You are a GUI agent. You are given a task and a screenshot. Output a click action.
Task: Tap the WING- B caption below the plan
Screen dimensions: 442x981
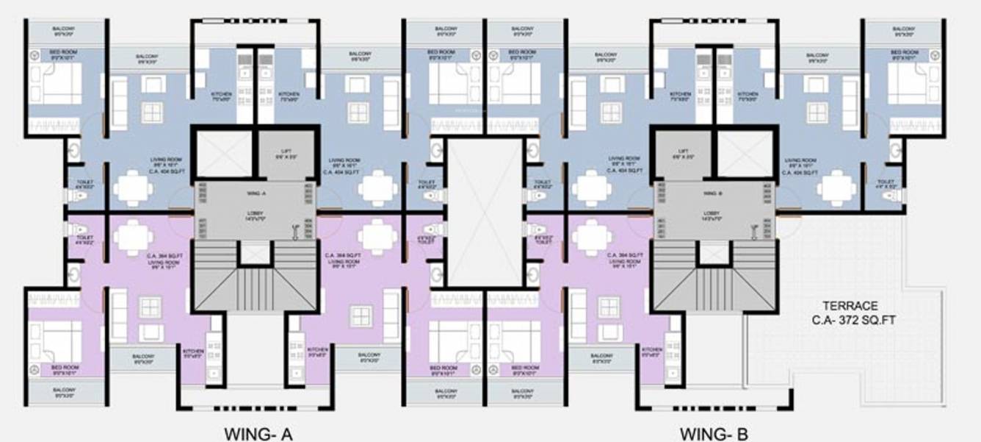coord(714,434)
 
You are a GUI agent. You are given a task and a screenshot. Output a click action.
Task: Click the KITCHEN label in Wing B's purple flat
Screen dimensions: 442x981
coord(651,351)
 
